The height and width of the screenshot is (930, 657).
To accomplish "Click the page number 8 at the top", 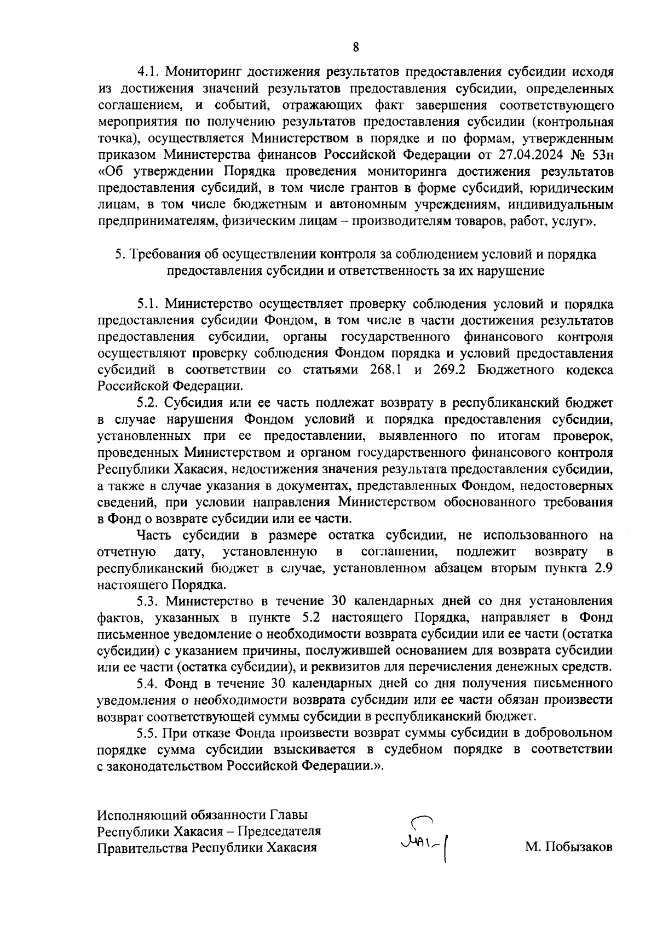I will (356, 47).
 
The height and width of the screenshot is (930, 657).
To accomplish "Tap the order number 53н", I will (600, 154).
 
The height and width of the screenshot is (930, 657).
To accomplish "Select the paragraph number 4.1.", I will (148, 71).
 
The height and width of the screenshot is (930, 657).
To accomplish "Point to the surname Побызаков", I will (569, 847).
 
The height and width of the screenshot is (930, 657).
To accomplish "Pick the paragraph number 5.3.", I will (148, 601).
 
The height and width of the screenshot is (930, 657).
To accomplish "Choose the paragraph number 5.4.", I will (148, 684).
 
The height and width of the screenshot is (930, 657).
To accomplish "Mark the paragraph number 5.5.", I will (148, 733).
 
